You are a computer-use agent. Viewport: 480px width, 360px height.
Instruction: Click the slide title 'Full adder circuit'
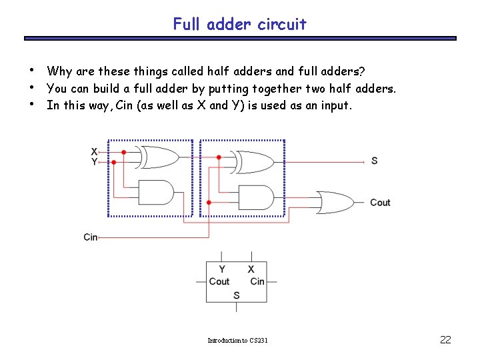point(239,25)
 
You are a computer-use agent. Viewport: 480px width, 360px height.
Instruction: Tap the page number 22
point(446,340)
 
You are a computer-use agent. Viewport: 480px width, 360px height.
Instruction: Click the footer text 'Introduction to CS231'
point(237,341)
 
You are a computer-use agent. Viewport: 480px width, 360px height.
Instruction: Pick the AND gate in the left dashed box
point(155,193)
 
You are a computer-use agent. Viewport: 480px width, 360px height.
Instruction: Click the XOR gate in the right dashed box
point(253,161)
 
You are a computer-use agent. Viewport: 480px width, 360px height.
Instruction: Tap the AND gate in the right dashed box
point(255,197)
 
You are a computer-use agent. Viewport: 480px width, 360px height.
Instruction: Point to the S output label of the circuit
point(374,161)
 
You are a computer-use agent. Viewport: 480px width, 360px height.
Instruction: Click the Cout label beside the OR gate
point(380,203)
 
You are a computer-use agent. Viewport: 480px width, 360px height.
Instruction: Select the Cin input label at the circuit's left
point(91,237)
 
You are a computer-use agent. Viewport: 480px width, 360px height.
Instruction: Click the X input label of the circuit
point(94,152)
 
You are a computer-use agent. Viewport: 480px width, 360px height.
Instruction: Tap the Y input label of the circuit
point(94,161)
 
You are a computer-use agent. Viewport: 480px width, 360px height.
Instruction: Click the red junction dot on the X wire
point(123,152)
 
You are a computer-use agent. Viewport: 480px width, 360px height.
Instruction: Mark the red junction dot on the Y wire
point(113,161)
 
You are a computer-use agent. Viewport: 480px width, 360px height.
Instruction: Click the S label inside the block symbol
point(237,295)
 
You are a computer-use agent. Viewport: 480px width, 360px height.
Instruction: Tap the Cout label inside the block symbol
point(219,281)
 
